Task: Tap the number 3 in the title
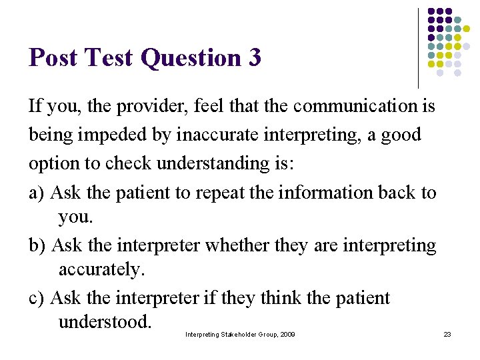coord(254,58)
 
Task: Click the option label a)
coord(37,193)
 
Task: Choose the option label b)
coord(37,245)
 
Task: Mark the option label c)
coord(37,297)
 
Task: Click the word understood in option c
coord(105,322)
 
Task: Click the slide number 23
coord(447,334)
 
